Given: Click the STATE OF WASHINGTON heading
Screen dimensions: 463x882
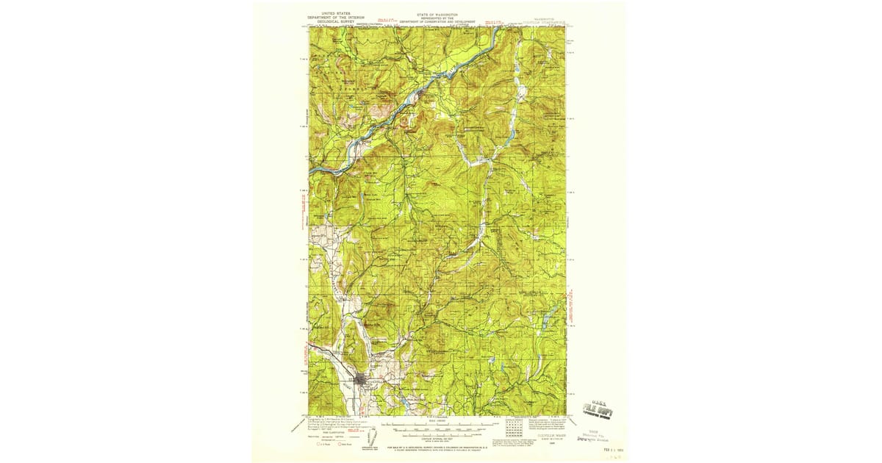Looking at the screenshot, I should coord(437,14).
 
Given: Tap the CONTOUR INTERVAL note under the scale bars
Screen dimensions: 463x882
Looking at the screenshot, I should coord(437,436).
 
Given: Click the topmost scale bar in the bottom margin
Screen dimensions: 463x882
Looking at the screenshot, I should coord(437,423).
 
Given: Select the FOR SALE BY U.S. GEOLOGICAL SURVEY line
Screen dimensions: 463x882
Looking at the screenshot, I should coord(437,447).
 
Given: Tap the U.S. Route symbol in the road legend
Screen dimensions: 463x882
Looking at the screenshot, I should coord(318,443).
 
